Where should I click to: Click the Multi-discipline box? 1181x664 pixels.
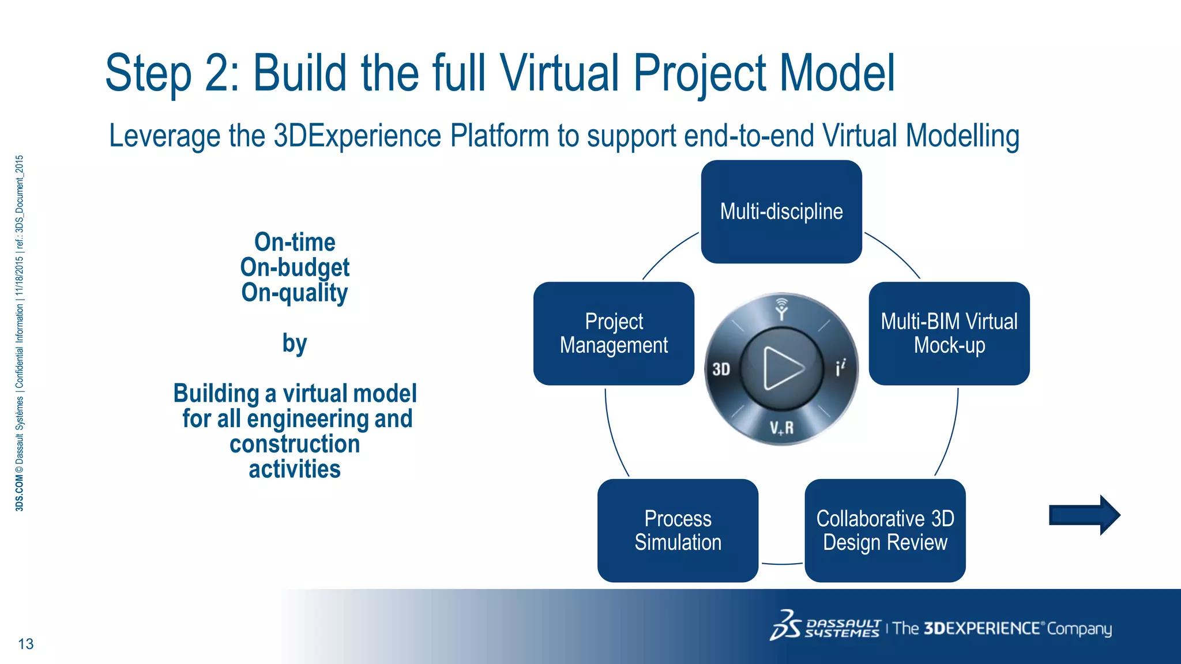click(781, 212)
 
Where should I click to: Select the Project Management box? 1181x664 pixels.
click(614, 333)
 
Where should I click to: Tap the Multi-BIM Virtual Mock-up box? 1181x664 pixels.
click(949, 333)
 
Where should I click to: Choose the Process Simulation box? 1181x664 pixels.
click(678, 530)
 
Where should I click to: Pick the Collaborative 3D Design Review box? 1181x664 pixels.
click(885, 530)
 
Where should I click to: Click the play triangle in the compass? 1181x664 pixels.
click(782, 368)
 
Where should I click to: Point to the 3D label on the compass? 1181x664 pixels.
click(721, 369)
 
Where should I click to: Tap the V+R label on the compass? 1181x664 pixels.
click(781, 428)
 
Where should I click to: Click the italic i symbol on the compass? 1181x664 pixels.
click(841, 367)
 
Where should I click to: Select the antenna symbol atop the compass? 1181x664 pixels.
click(781, 309)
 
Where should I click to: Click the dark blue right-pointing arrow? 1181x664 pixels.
click(1084, 515)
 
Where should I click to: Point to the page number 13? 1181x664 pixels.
click(26, 644)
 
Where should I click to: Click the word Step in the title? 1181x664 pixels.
click(148, 73)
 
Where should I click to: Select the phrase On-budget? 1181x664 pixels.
click(295, 267)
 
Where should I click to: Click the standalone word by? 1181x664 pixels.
click(295, 344)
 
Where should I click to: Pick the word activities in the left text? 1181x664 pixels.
click(295, 469)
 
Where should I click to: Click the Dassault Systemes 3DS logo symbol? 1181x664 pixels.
click(785, 626)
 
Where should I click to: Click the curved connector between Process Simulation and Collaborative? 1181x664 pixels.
click(781, 564)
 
